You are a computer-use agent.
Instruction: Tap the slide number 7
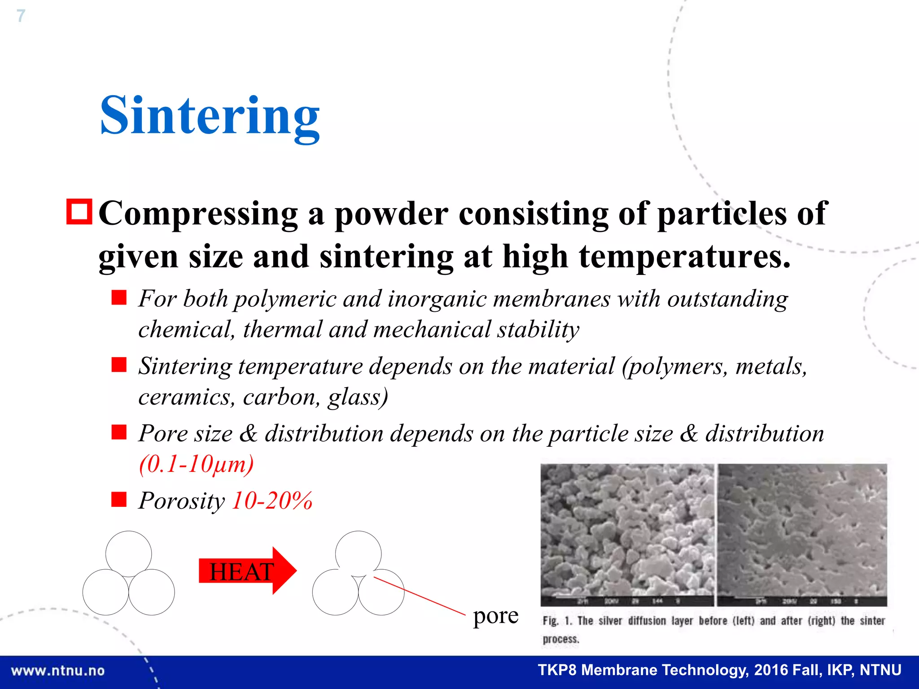[21, 16]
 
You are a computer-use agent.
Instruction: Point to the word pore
[495, 616]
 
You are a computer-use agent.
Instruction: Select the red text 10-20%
[272, 501]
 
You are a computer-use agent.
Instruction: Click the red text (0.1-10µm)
[196, 464]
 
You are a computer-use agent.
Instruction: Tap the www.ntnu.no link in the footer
[58, 671]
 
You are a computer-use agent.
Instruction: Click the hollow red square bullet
[79, 211]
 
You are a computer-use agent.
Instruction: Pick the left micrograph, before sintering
[627, 534]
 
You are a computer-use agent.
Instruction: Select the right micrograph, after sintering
[802, 534]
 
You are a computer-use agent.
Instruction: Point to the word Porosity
[181, 501]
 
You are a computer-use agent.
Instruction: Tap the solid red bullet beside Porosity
[119, 499]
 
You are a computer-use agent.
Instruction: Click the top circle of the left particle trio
[129, 554]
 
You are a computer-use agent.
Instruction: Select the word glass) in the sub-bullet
[358, 397]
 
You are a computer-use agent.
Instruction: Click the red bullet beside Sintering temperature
[119, 365]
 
